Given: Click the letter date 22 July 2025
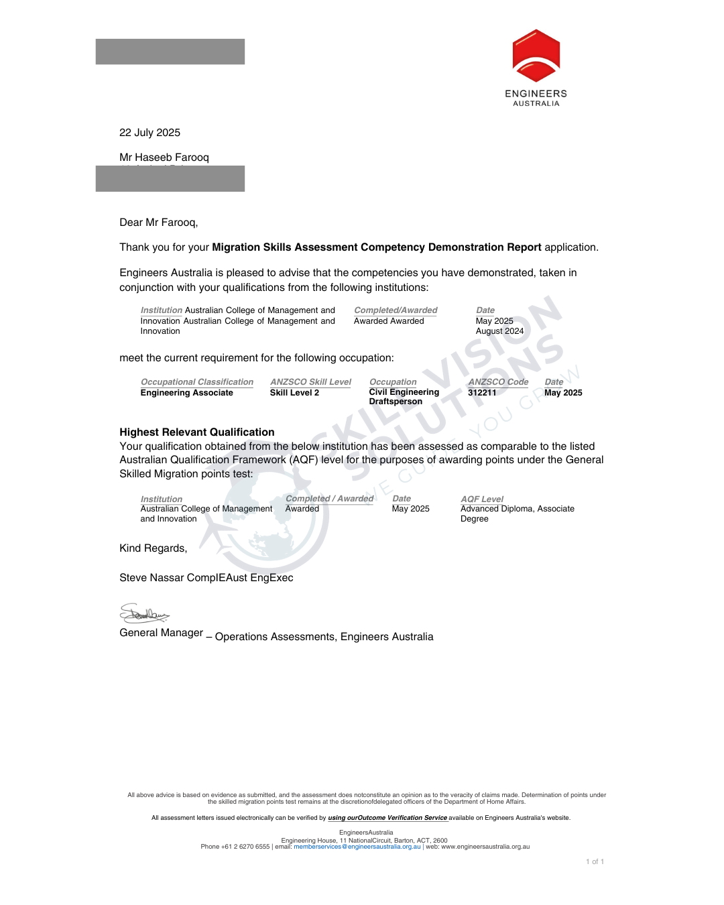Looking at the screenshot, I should [x=149, y=133].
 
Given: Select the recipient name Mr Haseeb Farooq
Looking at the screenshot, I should [x=164, y=158].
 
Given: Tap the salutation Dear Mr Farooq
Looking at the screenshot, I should [x=158, y=223].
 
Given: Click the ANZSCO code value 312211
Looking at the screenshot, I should [x=482, y=393].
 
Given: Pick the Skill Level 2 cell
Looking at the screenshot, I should [x=294, y=393].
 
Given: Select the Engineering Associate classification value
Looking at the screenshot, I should [x=186, y=393].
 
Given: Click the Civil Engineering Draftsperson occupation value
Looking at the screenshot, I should [x=404, y=397].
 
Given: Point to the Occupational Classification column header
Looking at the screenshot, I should [x=196, y=382].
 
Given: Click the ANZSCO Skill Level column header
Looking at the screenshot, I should [x=310, y=382].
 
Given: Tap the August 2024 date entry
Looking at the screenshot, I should [x=499, y=331].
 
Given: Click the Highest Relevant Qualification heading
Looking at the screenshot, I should [x=196, y=432].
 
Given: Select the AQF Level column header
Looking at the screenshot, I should [x=481, y=499].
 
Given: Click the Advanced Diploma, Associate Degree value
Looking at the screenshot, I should [x=517, y=514].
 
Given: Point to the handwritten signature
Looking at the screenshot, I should [x=143, y=613].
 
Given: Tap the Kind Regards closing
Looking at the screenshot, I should [x=153, y=548].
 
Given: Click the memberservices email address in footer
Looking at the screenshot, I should [x=357, y=847].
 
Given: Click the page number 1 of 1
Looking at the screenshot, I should [x=595, y=862].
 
